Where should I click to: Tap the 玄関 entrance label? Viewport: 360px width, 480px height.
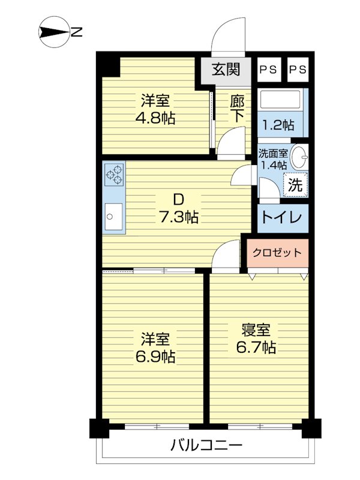coord(226,70)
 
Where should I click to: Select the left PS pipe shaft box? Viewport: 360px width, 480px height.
coord(269,70)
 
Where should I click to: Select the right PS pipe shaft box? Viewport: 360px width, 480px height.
coord(298,70)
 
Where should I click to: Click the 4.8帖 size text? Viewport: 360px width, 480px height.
coord(155,118)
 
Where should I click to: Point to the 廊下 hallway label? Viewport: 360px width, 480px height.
coord(237,109)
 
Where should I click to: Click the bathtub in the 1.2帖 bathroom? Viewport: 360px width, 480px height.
coord(280,100)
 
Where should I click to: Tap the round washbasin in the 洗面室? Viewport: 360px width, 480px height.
coord(299,157)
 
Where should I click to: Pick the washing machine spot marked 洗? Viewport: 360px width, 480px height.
coord(295,184)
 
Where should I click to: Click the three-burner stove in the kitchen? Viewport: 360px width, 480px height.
coord(114,175)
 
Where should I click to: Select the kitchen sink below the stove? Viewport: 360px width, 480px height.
coord(113,217)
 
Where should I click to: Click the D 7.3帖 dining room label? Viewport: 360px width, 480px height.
coord(178,209)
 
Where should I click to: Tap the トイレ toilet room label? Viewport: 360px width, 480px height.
coord(281,218)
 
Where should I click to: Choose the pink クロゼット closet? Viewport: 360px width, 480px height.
coord(278,253)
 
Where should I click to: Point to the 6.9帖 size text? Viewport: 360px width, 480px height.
coord(155,356)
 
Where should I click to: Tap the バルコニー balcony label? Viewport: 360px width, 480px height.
coord(206,445)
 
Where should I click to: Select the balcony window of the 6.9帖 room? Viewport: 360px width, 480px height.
coord(157,426)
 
